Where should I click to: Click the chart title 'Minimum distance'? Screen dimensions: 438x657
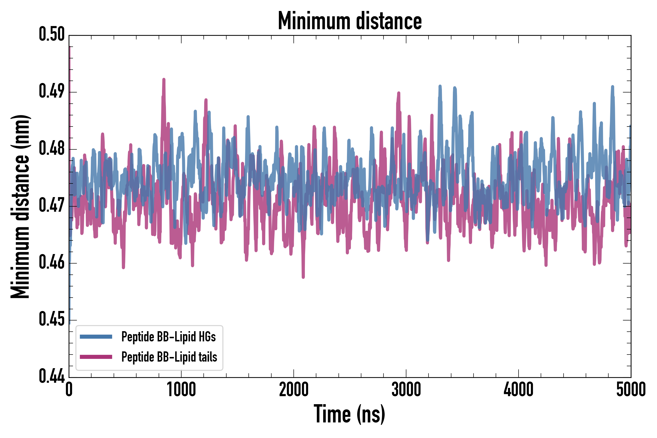[350, 21]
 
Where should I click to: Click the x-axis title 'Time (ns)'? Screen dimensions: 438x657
[349, 414]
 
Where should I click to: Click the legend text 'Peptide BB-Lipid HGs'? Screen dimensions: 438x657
[168, 337]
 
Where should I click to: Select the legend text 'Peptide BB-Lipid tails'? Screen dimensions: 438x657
[169, 357]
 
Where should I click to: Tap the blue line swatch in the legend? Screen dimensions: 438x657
[96, 337]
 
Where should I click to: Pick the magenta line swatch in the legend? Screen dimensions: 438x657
[96, 357]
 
